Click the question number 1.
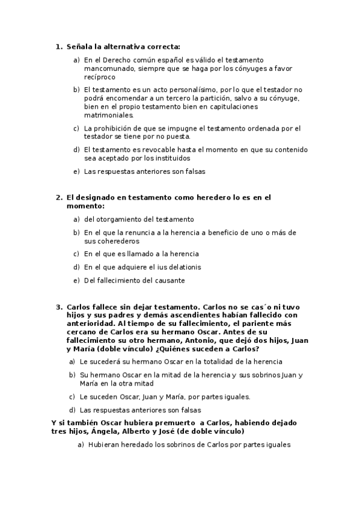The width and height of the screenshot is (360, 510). [x=58, y=46]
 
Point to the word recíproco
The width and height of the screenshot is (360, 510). [x=100, y=77]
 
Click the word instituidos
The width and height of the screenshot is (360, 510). [x=171, y=158]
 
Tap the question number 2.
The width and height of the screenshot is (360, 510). [x=58, y=197]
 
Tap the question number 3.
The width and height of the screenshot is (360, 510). [x=58, y=306]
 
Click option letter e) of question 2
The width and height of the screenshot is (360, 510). [x=76, y=280]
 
